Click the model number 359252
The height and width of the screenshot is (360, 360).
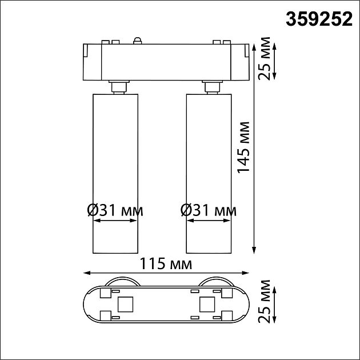(x=319, y=20)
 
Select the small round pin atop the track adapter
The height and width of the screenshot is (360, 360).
(x=137, y=39)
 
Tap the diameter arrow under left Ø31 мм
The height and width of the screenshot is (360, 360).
(x=115, y=223)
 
